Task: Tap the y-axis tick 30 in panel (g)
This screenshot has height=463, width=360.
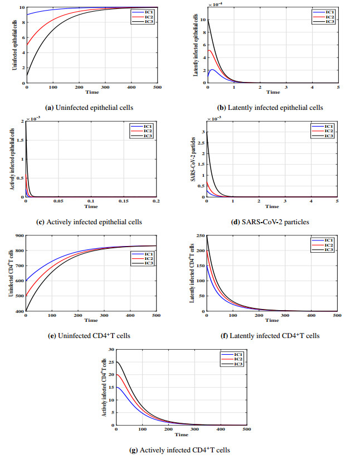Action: tap(111, 350)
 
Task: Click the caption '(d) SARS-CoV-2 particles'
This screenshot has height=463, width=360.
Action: tap(271, 221)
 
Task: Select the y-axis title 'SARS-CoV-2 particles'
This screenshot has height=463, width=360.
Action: tap(194, 161)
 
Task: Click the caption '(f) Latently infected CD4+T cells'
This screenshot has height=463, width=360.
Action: tap(271, 336)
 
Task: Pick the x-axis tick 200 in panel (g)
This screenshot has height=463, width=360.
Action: tap(168, 429)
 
